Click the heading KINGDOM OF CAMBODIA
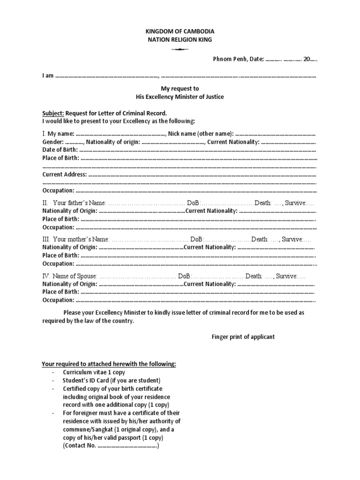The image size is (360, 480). click(x=180, y=31)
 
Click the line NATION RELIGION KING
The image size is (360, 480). click(x=180, y=40)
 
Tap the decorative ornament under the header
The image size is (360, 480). click(x=180, y=49)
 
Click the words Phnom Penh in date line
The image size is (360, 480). click(x=225, y=60)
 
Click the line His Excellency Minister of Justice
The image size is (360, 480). click(x=180, y=97)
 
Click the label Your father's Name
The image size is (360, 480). click(x=80, y=203)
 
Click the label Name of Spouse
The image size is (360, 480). click(x=75, y=276)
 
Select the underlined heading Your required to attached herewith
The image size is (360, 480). click(x=109, y=364)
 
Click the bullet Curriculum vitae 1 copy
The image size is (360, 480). click(x=93, y=372)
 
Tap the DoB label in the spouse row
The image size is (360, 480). click(x=184, y=276)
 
